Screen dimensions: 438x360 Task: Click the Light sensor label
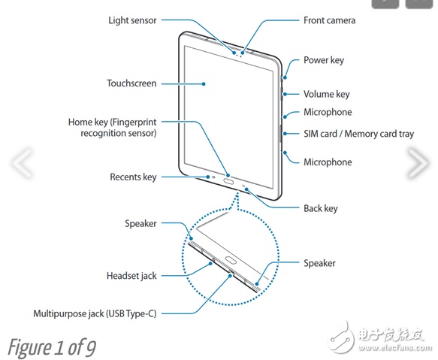132,20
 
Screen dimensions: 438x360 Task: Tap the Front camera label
329,20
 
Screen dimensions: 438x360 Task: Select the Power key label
324,60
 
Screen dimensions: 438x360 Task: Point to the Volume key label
327,94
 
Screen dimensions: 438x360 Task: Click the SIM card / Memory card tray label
358,134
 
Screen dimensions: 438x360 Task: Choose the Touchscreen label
131,83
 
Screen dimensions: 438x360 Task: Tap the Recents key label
133,177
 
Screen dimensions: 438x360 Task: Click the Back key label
321,208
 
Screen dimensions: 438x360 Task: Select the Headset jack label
131,276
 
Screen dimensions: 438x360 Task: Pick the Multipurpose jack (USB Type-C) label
95,313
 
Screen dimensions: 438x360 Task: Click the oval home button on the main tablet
229,182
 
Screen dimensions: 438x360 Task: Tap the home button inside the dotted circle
230,260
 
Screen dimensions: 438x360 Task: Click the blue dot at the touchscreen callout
204,83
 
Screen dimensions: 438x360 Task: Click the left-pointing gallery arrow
22,163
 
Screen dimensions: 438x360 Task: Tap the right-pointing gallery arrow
418,163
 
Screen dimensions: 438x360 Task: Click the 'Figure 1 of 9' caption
52,347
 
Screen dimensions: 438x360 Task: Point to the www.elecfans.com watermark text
395,348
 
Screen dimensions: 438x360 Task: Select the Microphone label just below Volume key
328,113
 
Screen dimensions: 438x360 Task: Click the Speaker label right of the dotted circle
319,263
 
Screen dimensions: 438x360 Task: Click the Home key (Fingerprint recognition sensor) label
113,128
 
